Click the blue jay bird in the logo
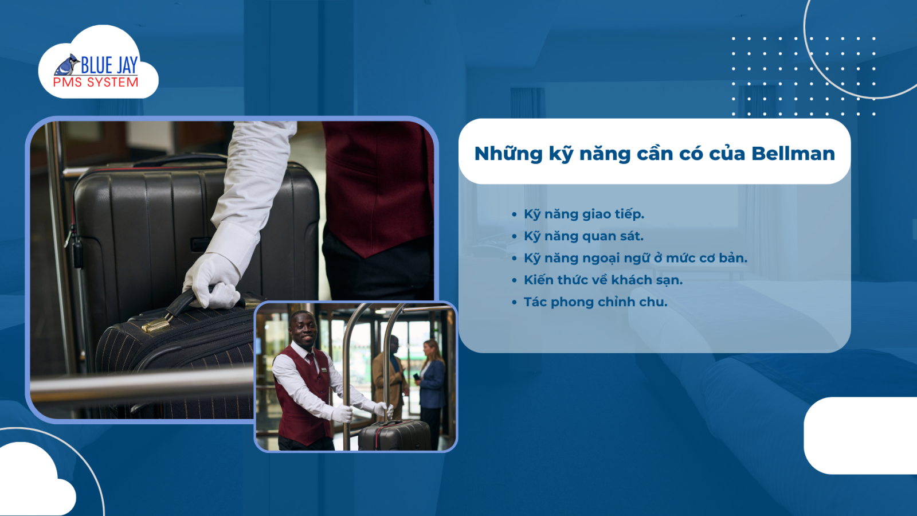pos(66,65)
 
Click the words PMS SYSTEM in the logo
pos(96,83)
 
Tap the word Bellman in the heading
pos(793,154)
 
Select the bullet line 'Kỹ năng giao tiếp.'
pos(584,214)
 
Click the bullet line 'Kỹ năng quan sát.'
pos(584,236)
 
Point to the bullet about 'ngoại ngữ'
pos(636,258)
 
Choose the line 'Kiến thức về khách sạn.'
pos(604,280)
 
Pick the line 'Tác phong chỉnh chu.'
pos(595,302)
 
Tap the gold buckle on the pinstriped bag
pos(156,326)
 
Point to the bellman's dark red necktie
pos(312,362)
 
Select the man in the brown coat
pos(390,377)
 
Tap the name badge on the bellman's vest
pos(324,370)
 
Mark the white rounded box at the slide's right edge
pos(860,435)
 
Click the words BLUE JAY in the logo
pos(109,65)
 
